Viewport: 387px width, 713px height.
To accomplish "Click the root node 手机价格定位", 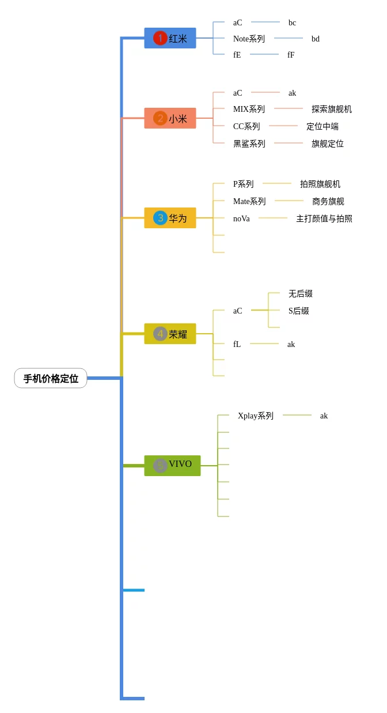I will click(51, 379).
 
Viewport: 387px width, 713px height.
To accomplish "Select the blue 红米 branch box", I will click(170, 39).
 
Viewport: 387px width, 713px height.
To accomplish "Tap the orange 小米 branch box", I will click(170, 119).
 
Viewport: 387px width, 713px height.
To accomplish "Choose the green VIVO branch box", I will click(172, 465).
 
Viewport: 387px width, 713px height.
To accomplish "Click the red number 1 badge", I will click(160, 39).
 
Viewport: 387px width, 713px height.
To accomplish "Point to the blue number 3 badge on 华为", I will click(160, 218).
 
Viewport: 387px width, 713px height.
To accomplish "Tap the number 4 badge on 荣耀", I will click(160, 334).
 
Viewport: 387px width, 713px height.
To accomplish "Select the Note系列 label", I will click(249, 39).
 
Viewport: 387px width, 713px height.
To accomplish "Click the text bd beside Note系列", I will click(316, 39).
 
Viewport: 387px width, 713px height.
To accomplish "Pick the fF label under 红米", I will click(291, 55).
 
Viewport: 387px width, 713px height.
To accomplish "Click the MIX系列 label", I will click(249, 109).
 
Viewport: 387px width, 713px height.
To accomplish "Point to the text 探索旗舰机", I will click(332, 109).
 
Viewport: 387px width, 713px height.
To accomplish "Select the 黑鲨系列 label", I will click(249, 144).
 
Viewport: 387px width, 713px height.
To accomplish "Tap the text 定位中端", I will click(322, 126).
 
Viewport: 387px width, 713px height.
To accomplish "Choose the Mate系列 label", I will click(249, 201).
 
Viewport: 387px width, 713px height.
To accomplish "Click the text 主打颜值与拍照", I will click(324, 218).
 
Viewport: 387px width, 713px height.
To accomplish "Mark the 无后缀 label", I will click(301, 293).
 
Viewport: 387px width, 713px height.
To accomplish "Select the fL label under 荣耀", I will click(237, 344).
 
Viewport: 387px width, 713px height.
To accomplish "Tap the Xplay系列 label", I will click(256, 416).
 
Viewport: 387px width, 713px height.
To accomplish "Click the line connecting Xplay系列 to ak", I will click(297, 415).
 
